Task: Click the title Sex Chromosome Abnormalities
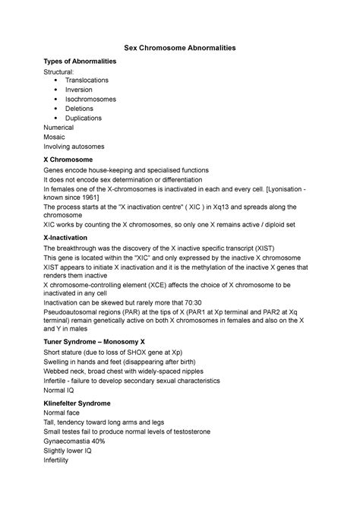[x=180, y=48]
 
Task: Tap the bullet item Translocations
[x=87, y=80]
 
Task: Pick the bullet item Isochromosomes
[x=90, y=99]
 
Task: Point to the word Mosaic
[x=55, y=137]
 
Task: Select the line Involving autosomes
[x=74, y=146]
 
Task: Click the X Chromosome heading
[x=68, y=160]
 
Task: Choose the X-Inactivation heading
[x=69, y=239]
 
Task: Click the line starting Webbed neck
[x=125, y=371]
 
